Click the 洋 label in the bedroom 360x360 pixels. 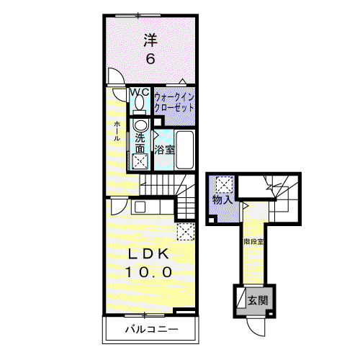[x=150, y=40]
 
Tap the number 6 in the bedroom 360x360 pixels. [x=150, y=59]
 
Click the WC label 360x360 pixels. [x=140, y=92]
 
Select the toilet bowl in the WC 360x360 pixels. [x=139, y=102]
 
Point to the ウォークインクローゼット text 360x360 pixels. [x=174, y=103]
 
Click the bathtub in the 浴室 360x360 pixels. [x=184, y=150]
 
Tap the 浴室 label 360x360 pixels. [x=164, y=150]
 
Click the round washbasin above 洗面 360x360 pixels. [x=140, y=125]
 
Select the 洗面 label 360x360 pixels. [x=140, y=143]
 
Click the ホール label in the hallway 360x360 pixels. [x=117, y=131]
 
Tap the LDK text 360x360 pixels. [x=148, y=254]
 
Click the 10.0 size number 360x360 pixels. [x=148, y=272]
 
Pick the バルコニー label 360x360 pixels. [x=152, y=329]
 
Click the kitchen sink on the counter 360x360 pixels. [x=140, y=207]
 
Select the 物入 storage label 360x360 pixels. [x=222, y=199]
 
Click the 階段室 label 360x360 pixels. [x=253, y=242]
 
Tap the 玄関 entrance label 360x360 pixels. [x=258, y=300]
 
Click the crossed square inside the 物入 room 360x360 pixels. [x=224, y=184]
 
